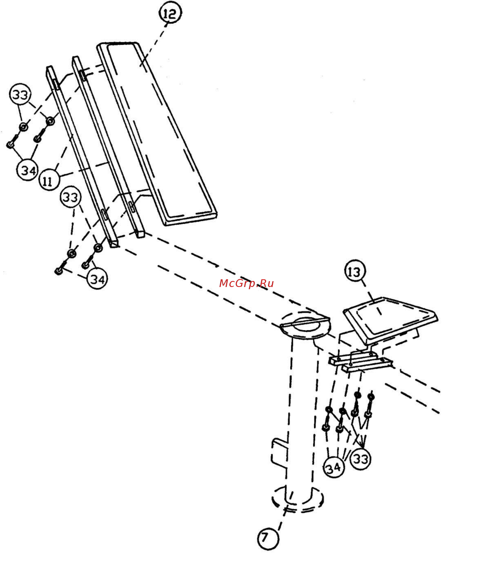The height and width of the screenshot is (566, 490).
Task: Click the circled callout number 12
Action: pyautogui.click(x=170, y=13)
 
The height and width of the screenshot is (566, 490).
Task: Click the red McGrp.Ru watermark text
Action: pyautogui.click(x=246, y=283)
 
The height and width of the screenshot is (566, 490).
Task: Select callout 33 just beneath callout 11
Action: pyautogui.click(x=71, y=197)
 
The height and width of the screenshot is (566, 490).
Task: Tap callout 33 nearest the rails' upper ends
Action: pyautogui.click(x=20, y=95)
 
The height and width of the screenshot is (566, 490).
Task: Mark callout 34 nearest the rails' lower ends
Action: pyautogui.click(x=97, y=279)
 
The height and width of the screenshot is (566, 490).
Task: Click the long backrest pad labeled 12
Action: pyautogui.click(x=157, y=134)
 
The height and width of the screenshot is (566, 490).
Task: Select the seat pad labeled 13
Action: pyautogui.click(x=390, y=320)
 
